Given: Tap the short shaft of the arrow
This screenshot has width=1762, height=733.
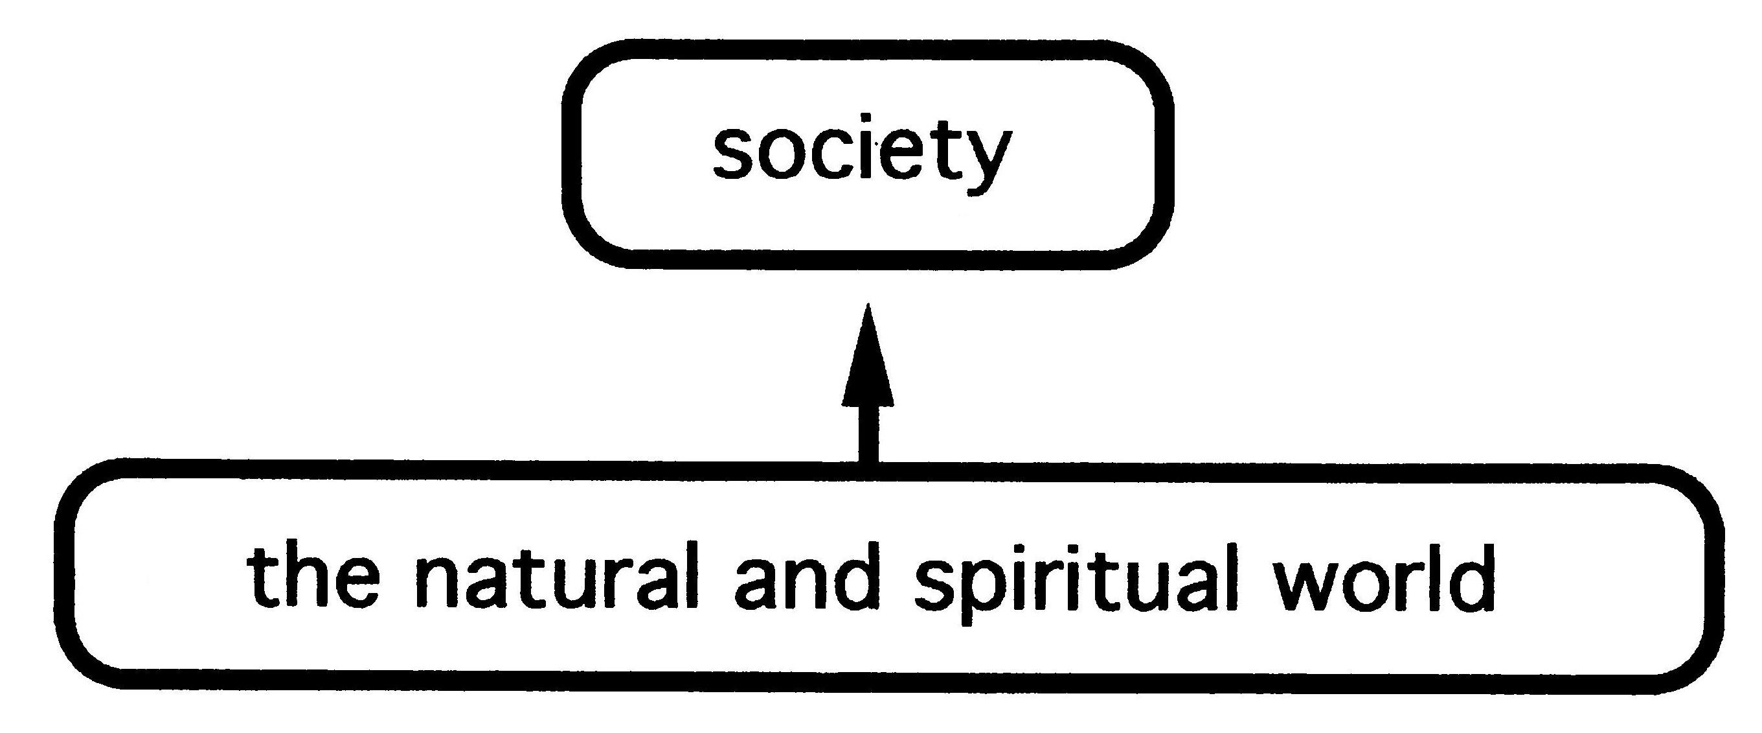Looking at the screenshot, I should pos(868,436).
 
